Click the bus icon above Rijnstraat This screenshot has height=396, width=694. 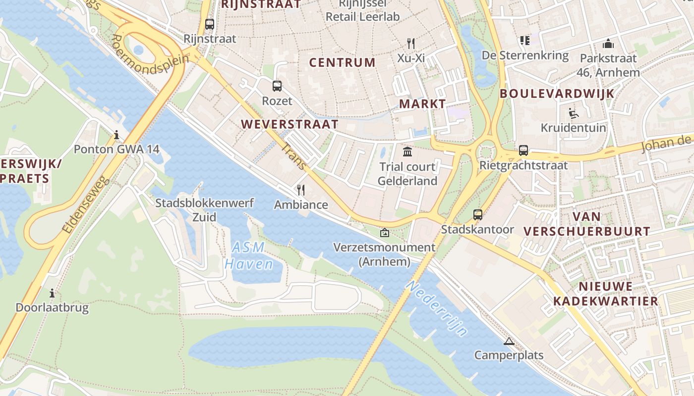click(x=210, y=24)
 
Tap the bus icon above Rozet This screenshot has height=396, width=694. click(x=277, y=86)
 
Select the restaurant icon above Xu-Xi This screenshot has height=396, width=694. click(x=410, y=43)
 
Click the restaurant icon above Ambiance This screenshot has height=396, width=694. click(x=300, y=190)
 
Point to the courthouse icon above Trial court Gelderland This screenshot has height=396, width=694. click(x=407, y=151)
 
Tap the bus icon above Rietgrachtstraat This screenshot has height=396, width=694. click(x=523, y=150)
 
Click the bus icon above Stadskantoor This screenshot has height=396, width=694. click(x=477, y=215)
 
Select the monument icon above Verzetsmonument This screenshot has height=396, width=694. click(x=384, y=232)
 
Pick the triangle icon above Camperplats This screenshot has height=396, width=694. click(x=509, y=341)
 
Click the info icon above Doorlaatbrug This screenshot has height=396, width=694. click(x=52, y=293)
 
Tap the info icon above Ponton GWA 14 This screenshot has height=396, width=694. click(x=116, y=135)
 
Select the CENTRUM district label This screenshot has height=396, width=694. click(x=342, y=62)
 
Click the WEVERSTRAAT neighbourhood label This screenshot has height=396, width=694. click(x=290, y=124)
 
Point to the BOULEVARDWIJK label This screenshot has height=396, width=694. click(x=557, y=94)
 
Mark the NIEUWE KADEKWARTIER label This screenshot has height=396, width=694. click(x=605, y=294)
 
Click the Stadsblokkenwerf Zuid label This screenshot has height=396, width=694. click(x=204, y=210)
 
